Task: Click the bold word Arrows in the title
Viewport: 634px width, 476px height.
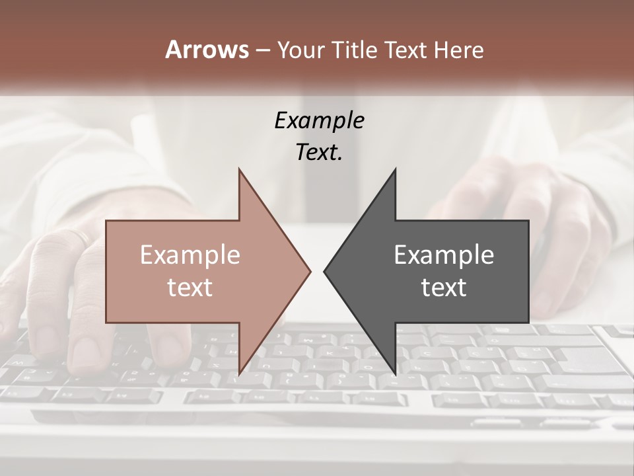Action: point(207,49)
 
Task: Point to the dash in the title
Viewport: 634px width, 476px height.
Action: point(263,50)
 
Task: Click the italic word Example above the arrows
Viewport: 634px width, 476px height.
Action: point(319,120)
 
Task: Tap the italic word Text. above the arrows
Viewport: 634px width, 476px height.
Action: point(319,152)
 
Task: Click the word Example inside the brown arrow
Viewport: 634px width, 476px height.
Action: point(190,255)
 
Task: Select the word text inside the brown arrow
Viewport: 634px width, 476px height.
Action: point(190,287)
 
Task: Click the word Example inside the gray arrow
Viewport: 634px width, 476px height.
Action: point(444,255)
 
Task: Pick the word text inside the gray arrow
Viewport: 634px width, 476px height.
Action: point(444,287)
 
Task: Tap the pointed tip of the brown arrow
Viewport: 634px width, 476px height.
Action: point(310,271)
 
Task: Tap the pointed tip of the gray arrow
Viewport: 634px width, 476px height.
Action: point(324,271)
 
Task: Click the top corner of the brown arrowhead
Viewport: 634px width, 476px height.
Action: point(240,170)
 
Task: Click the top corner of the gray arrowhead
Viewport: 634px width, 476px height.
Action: point(395,170)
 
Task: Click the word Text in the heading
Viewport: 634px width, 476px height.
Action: point(407,50)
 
